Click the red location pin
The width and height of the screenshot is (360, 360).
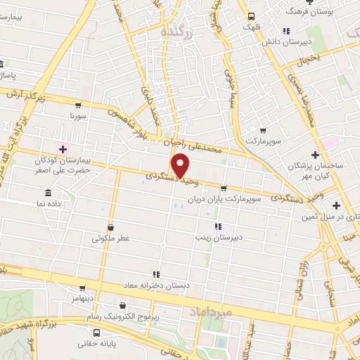pyautogui.click(x=181, y=166)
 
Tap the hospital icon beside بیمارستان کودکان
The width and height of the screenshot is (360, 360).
pyautogui.click(x=63, y=149)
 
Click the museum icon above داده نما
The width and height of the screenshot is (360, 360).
pyautogui.click(x=48, y=193)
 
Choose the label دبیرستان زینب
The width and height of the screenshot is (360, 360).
pyautogui.click(x=238, y=237)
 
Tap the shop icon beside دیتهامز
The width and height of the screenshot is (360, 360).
pyautogui.click(x=82, y=288)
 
